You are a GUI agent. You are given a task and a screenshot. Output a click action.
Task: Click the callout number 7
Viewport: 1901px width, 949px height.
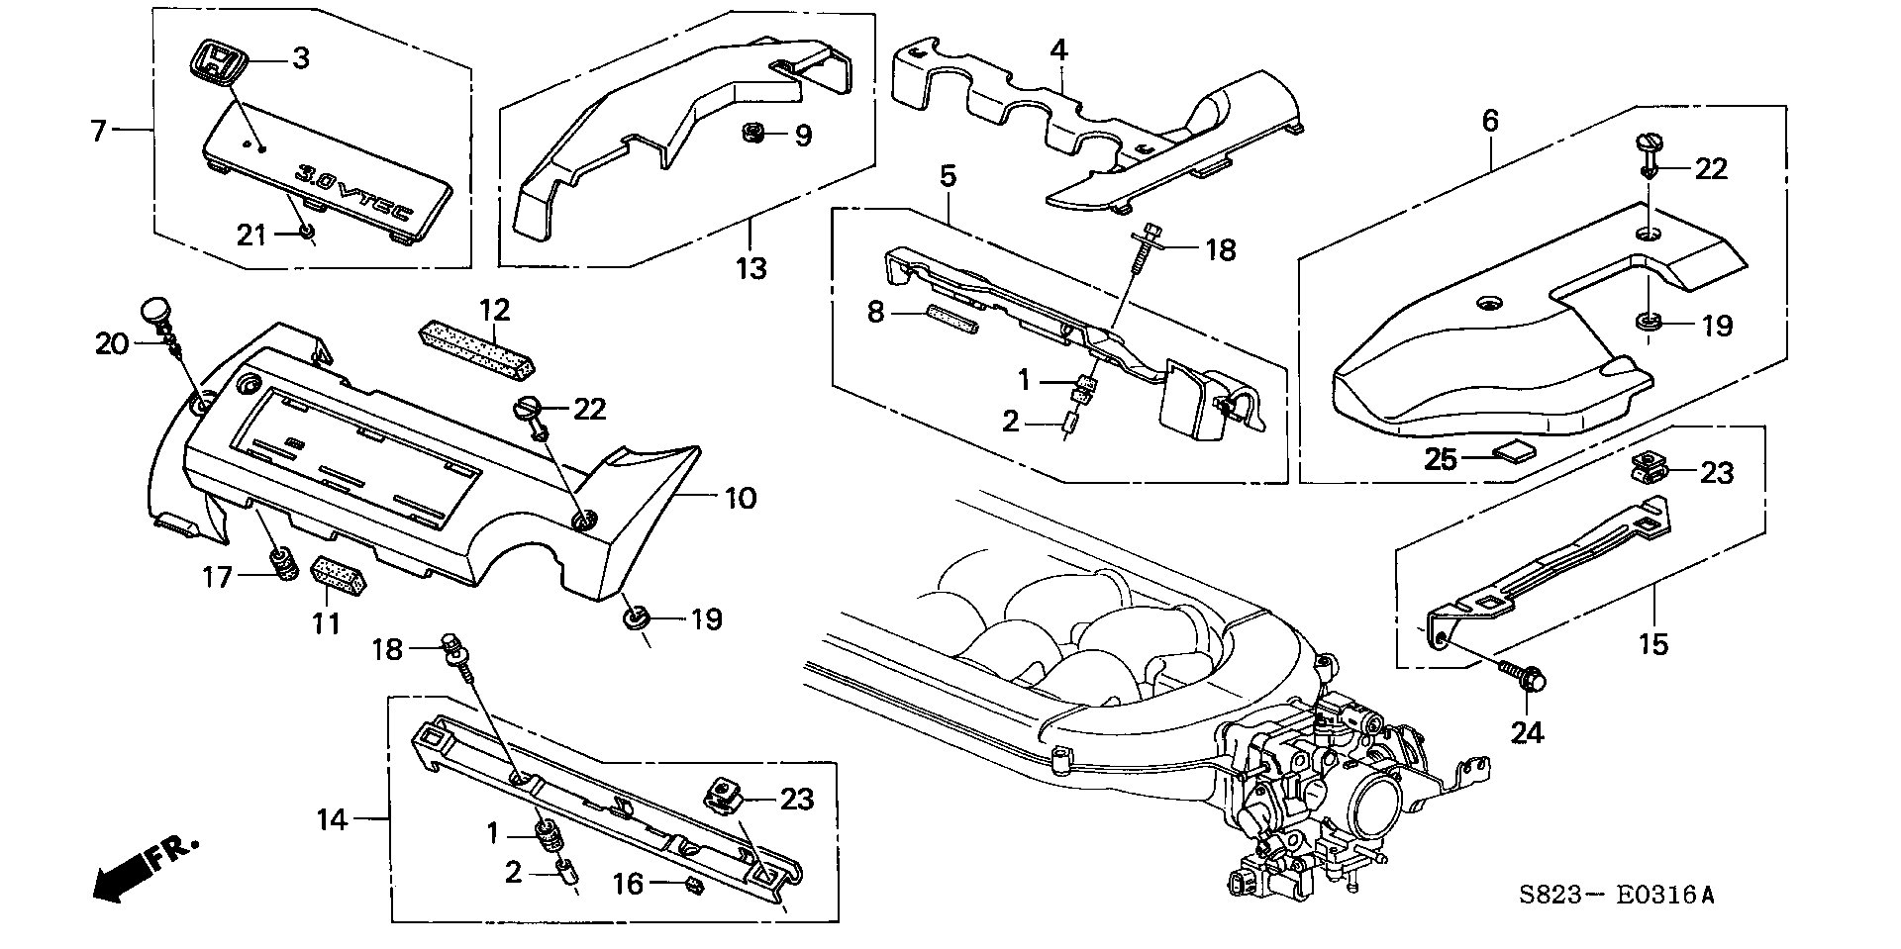[x=98, y=130]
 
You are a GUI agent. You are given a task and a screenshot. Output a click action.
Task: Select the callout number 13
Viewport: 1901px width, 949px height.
[x=751, y=267]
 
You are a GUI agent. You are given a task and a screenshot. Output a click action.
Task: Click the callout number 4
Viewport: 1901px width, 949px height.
[x=1058, y=49]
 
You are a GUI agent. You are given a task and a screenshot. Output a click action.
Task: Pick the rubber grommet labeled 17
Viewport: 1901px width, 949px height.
[x=283, y=564]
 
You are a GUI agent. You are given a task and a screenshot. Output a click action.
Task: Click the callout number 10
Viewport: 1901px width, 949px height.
[x=740, y=497]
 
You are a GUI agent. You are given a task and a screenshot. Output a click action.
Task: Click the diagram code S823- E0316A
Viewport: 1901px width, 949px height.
[x=1615, y=896]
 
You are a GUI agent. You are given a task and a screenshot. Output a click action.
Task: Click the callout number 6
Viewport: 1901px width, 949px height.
[x=1490, y=122]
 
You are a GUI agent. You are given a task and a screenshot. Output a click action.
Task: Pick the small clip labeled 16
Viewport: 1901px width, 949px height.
[x=694, y=885]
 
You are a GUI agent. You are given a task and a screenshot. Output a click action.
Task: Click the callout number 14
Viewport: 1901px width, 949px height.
[x=333, y=818]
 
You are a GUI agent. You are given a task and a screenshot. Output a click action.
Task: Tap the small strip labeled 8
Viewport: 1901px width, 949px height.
[x=950, y=320]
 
